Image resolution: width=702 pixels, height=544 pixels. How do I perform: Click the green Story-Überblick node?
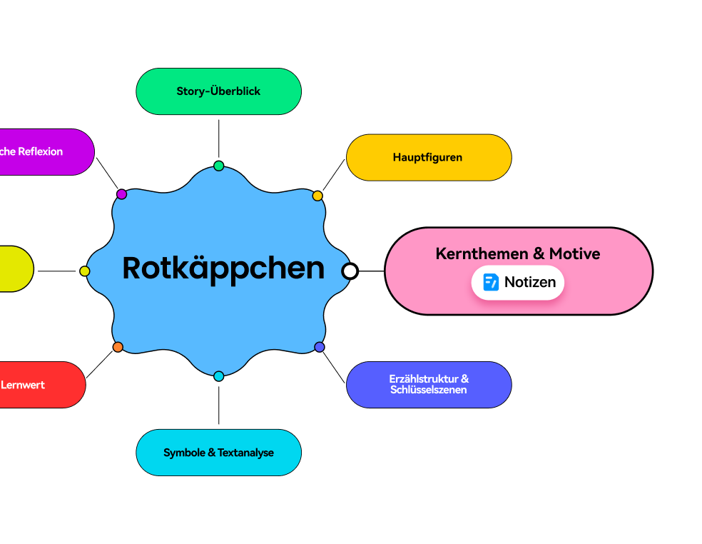(218, 91)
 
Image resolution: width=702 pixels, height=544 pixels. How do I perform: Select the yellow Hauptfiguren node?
(428, 158)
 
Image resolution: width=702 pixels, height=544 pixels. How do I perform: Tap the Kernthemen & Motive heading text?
(517, 253)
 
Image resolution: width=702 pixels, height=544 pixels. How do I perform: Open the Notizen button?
(518, 282)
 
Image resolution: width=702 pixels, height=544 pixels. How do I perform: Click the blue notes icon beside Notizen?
(491, 282)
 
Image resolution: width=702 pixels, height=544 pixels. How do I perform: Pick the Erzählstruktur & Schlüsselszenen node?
(428, 384)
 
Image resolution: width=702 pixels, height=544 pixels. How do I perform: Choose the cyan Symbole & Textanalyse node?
(218, 453)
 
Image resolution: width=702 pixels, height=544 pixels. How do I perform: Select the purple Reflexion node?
(43, 152)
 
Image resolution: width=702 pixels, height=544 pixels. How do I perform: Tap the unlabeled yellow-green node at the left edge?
(14, 268)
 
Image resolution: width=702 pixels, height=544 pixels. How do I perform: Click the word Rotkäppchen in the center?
(223, 268)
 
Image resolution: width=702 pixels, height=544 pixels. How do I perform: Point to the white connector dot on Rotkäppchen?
(350, 271)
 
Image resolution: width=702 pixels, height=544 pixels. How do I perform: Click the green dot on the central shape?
(218, 166)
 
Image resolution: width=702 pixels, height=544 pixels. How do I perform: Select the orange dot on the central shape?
(118, 347)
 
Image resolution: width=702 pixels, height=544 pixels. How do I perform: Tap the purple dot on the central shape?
(121, 194)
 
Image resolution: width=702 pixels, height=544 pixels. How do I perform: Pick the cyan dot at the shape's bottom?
(218, 376)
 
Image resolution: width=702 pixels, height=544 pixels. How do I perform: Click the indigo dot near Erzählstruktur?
(320, 347)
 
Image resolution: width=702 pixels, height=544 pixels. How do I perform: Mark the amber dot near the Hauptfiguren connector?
(317, 196)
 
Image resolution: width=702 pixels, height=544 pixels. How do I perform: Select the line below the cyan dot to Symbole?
(218, 405)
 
